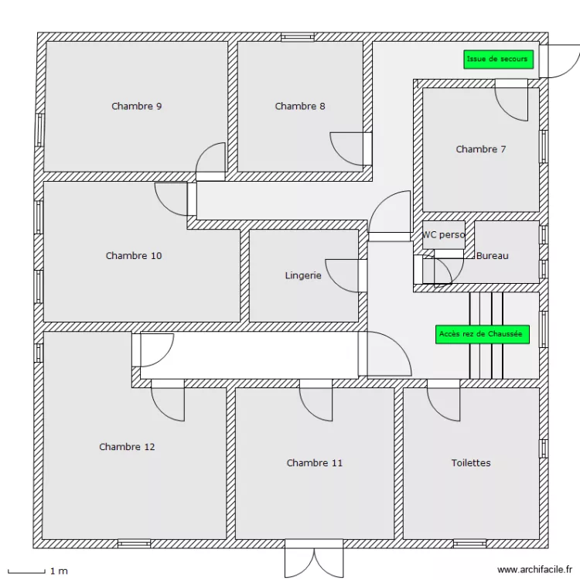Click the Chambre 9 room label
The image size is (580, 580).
(136, 107)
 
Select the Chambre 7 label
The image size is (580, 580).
(480, 149)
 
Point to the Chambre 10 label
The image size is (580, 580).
(134, 256)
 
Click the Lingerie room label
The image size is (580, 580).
(302, 275)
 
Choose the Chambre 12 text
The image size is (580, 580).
(127, 447)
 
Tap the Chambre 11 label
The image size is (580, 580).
(314, 463)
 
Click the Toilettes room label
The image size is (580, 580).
(471, 463)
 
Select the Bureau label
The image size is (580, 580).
(493, 256)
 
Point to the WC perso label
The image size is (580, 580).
(443, 235)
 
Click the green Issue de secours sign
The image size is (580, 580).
(497, 60)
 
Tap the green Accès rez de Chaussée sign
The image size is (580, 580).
(481, 334)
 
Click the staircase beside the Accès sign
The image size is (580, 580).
(486, 335)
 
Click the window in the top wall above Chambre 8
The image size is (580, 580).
(298, 36)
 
